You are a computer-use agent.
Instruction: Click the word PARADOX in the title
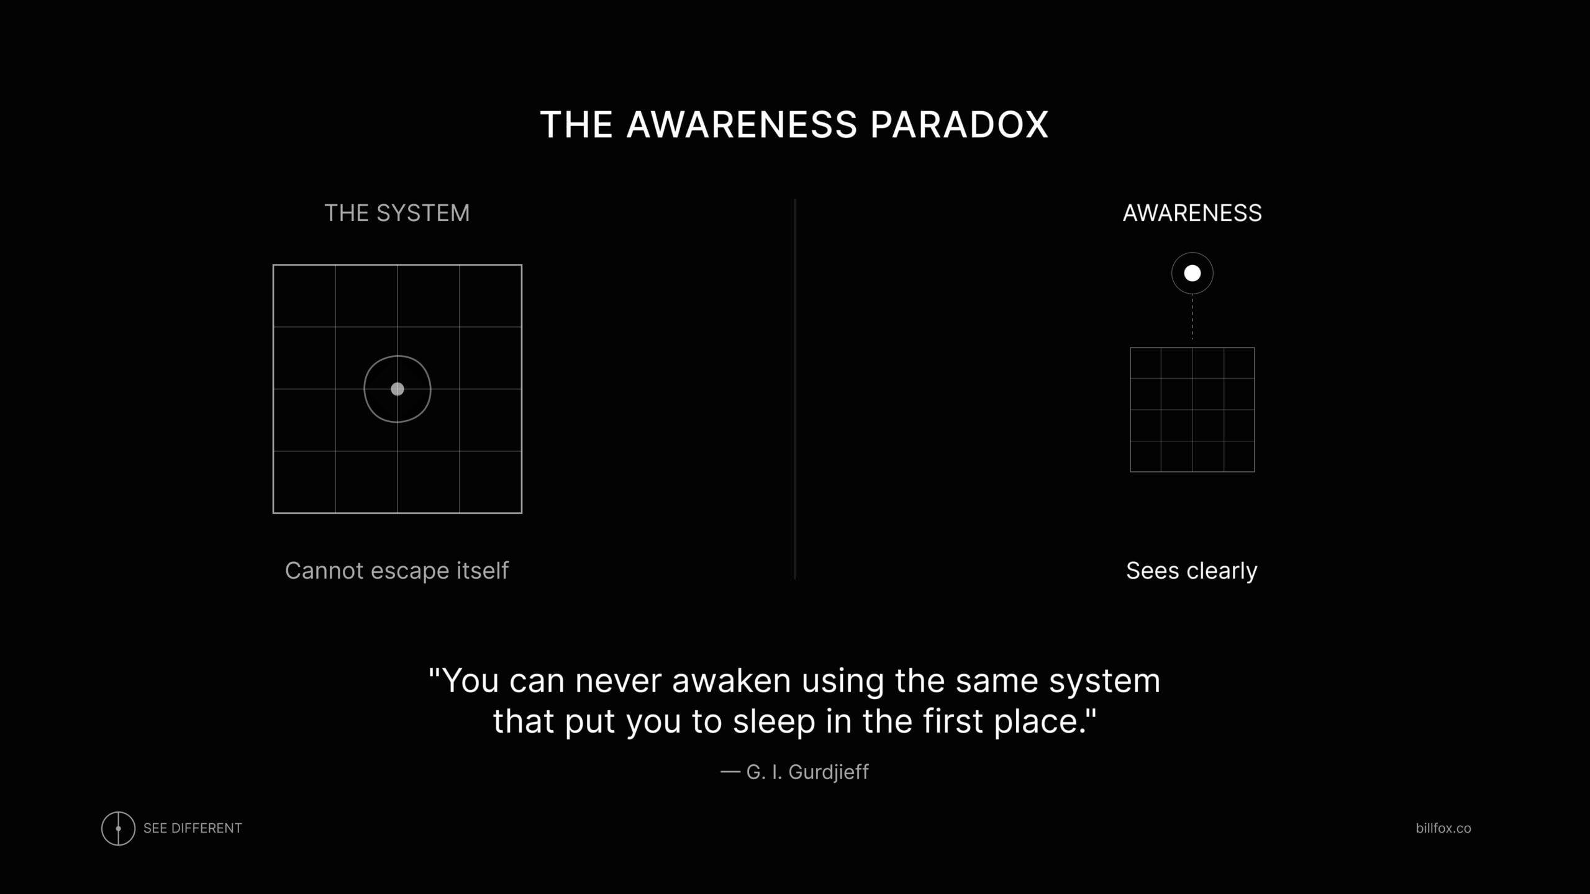coord(959,124)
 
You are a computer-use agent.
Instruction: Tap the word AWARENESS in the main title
coord(742,124)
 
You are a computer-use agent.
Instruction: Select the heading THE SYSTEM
coord(397,213)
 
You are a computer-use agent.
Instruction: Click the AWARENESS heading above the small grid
coord(1192,213)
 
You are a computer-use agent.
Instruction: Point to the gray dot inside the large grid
coord(397,389)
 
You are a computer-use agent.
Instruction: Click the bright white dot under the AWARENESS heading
coord(1192,273)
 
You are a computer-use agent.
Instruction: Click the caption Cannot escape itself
coord(397,571)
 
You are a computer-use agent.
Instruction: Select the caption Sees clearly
coord(1191,571)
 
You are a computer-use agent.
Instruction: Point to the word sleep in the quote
coord(774,721)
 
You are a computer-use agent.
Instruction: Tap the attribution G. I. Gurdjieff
coord(807,772)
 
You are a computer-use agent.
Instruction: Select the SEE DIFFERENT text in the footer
coord(193,828)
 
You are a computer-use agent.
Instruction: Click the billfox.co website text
coord(1443,828)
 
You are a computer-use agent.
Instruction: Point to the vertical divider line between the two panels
coord(795,389)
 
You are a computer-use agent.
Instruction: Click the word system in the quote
coord(1105,682)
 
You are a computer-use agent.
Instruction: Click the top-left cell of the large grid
coord(304,296)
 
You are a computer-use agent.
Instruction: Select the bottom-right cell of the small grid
coord(1239,456)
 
